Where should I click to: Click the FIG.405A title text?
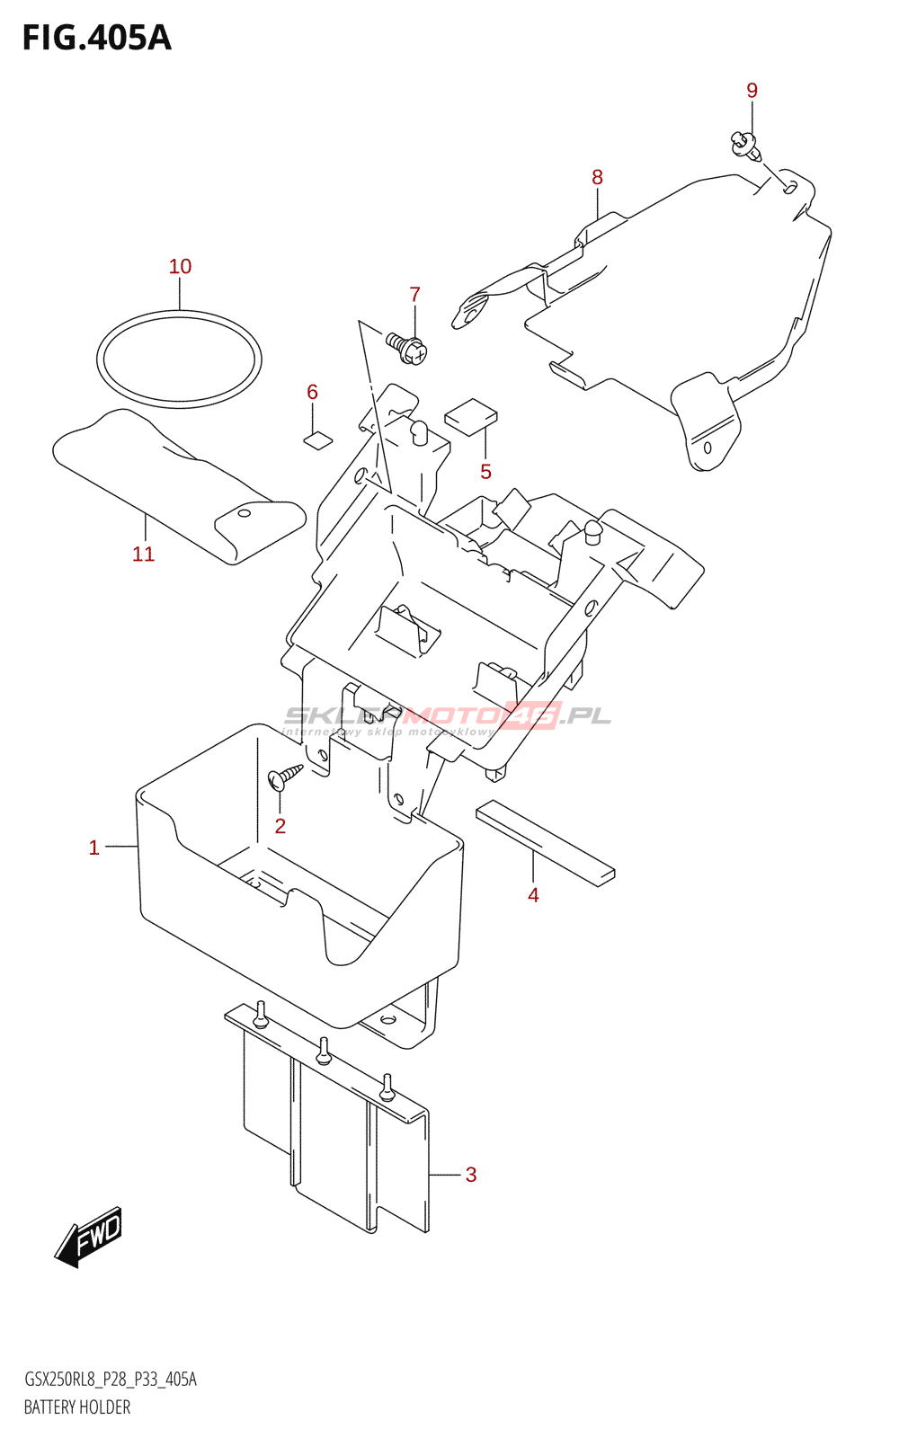point(96,39)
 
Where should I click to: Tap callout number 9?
point(752,91)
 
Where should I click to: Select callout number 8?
point(597,178)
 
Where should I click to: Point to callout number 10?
point(180,267)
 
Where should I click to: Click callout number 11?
point(144,555)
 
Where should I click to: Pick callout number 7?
point(414,295)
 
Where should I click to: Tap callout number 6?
point(312,392)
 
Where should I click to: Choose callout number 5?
point(485,472)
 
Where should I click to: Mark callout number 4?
point(533,895)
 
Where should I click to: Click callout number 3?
point(470,1175)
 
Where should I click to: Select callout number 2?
point(280,826)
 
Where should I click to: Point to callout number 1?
point(93,848)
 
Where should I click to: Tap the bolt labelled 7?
point(407,347)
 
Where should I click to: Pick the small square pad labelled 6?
point(317,439)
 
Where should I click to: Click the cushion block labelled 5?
point(471,415)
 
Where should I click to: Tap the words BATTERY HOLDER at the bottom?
point(77,1407)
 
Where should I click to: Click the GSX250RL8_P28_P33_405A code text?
point(110,1380)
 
